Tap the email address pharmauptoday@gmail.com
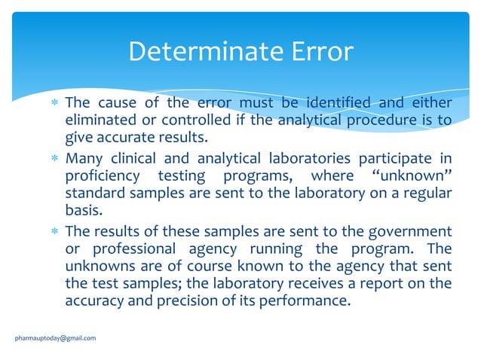(x=56, y=338)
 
